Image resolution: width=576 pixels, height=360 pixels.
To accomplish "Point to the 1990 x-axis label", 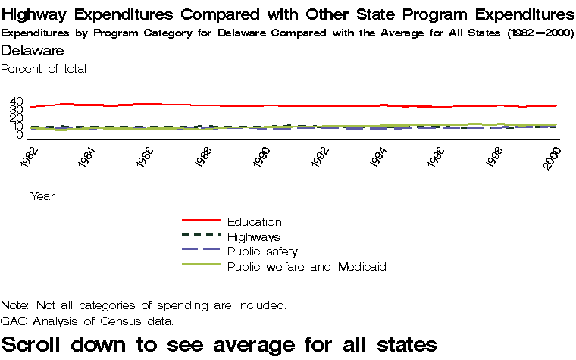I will (x=262, y=159).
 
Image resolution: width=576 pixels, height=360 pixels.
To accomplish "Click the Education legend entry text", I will (x=254, y=222).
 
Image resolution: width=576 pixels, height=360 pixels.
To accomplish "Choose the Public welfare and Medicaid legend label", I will (x=307, y=267).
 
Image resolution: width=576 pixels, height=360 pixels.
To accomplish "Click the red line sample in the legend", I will (x=201, y=221).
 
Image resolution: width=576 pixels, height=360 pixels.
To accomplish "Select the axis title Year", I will (x=42, y=196).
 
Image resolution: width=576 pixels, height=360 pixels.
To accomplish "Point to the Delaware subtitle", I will (x=33, y=51).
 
